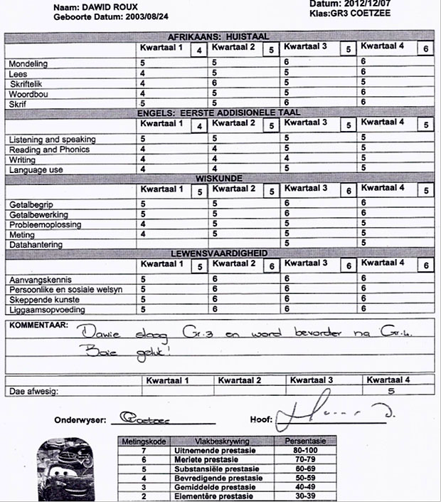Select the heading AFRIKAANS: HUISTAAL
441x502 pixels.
218,36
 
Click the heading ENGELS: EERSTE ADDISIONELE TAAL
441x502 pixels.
218,113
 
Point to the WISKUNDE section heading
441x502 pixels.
218,178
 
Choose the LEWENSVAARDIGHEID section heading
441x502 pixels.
218,253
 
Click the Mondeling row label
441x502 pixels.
29,64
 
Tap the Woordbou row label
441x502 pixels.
29,94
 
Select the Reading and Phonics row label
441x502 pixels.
50,150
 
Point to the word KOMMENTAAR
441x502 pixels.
38,325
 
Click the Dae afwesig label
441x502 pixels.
33,391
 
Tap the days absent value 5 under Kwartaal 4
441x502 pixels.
390,391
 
